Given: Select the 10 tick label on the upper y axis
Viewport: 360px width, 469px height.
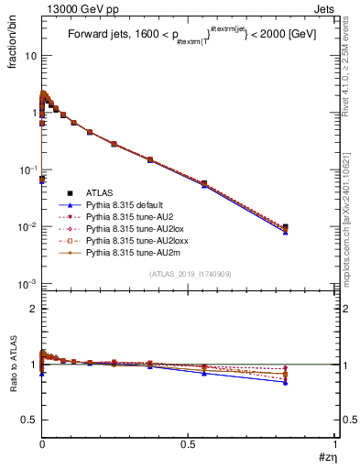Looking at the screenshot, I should [x=30, y=56].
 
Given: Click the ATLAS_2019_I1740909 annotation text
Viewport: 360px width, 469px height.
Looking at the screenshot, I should [x=189, y=274].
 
